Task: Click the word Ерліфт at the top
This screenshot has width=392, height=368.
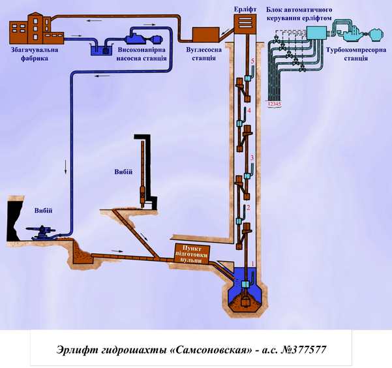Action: [245, 10]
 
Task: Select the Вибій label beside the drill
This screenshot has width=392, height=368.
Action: [123, 172]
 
